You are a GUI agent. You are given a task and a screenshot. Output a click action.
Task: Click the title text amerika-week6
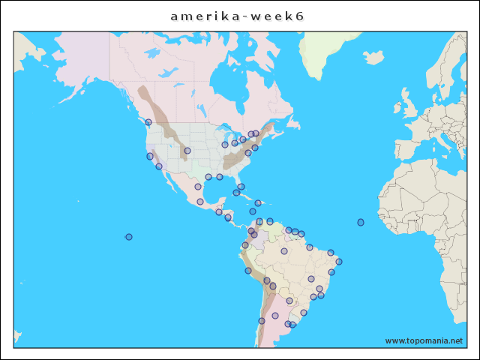click(237, 16)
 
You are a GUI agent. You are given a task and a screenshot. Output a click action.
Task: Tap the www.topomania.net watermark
click(424, 340)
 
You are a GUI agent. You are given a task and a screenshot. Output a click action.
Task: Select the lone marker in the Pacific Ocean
click(129, 237)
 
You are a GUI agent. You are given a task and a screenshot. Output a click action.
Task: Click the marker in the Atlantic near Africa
click(361, 222)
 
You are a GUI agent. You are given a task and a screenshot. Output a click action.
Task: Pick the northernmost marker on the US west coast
click(148, 122)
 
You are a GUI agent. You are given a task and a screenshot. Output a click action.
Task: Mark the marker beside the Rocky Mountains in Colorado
click(187, 151)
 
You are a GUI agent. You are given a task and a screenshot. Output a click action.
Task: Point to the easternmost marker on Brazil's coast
click(339, 262)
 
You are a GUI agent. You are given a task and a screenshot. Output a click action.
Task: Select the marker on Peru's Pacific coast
click(248, 271)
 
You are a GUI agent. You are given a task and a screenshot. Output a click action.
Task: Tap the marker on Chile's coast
click(262, 321)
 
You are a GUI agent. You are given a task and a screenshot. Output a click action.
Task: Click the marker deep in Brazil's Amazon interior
click(284, 251)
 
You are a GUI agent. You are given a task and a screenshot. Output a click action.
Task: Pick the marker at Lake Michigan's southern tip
click(225, 145)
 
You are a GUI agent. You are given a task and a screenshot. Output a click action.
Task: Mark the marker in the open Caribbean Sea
click(253, 211)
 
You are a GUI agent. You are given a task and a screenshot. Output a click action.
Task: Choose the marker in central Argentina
click(275, 316)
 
